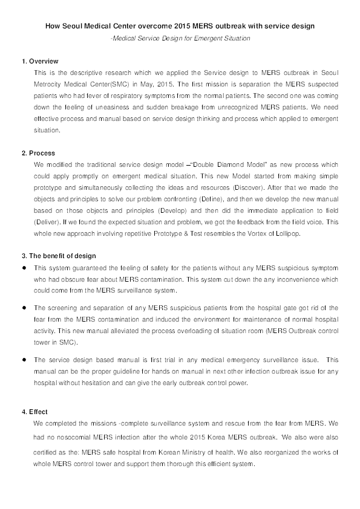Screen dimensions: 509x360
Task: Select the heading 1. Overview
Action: [40, 62]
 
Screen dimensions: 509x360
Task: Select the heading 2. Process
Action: [38, 153]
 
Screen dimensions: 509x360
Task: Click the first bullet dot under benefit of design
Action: [24, 267]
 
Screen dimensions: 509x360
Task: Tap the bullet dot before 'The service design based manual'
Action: [24, 359]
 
